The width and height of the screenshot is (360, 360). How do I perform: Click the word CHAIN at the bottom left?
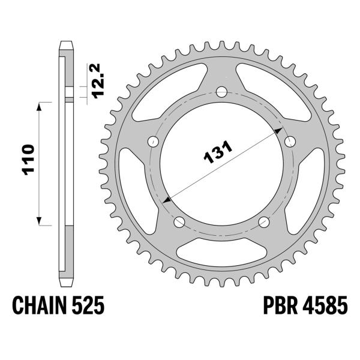[40, 305]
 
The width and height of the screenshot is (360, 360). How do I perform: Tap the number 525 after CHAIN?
[88, 305]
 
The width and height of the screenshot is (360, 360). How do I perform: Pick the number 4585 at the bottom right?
[325, 305]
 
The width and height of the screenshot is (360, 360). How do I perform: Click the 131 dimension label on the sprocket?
[218, 152]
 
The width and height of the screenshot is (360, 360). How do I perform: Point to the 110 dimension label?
[28, 160]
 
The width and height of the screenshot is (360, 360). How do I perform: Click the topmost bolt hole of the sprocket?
[221, 92]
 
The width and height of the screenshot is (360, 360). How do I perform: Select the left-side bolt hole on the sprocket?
[154, 142]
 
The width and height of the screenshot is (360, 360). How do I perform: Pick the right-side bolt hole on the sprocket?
[290, 142]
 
